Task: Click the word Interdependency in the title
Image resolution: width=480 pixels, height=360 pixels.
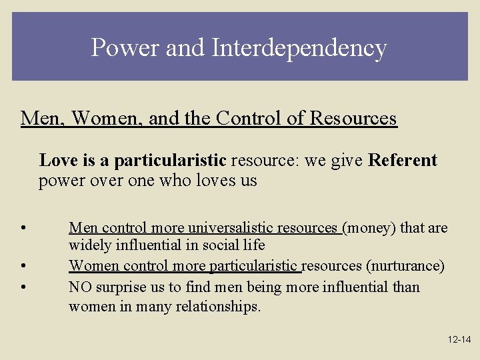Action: click(299, 48)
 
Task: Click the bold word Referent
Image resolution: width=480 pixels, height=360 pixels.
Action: click(403, 161)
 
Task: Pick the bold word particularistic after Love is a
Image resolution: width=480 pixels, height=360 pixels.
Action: click(170, 161)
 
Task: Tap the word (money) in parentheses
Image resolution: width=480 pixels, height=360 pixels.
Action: click(369, 229)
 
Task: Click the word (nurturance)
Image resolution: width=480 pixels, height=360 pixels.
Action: click(405, 266)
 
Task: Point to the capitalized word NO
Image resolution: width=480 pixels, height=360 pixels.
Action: click(81, 287)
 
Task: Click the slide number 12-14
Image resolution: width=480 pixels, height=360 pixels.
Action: click(459, 340)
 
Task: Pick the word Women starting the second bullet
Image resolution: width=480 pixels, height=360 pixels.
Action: click(89, 266)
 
